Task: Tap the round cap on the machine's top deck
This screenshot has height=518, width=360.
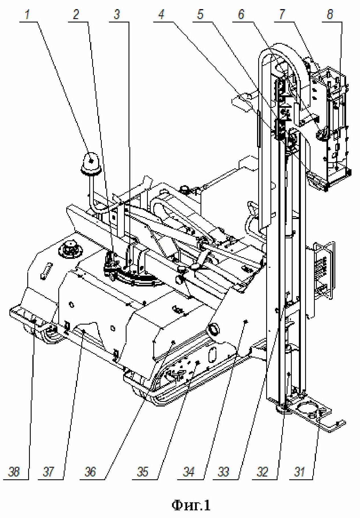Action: tap(70, 249)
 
